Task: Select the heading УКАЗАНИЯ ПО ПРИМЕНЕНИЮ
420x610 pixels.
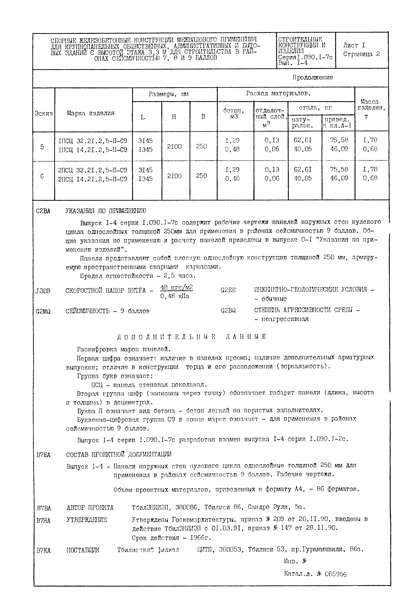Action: click(105, 211)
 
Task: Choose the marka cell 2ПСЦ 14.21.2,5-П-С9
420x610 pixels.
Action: click(93, 179)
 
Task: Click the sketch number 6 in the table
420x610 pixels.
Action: click(42, 176)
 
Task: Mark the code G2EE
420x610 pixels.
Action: click(228, 290)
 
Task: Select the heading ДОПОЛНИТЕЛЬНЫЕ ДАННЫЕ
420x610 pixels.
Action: click(191, 337)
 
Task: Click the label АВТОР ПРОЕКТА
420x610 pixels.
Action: click(90, 507)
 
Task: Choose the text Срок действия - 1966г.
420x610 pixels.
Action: click(171, 538)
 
